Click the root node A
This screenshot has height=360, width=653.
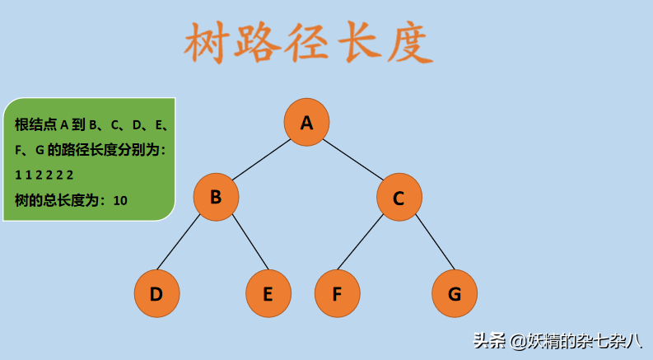(x=307, y=123)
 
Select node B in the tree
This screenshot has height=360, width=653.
(x=216, y=197)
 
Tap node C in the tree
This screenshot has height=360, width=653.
(x=399, y=198)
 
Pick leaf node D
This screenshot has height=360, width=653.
(x=156, y=293)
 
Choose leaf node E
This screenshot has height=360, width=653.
(x=268, y=293)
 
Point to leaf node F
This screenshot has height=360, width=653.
(x=337, y=293)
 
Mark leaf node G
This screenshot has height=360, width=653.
(x=455, y=293)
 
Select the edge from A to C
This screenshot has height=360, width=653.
(x=352, y=160)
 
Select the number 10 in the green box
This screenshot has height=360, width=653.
(x=120, y=199)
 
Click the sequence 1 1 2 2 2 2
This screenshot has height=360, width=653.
(x=44, y=175)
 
